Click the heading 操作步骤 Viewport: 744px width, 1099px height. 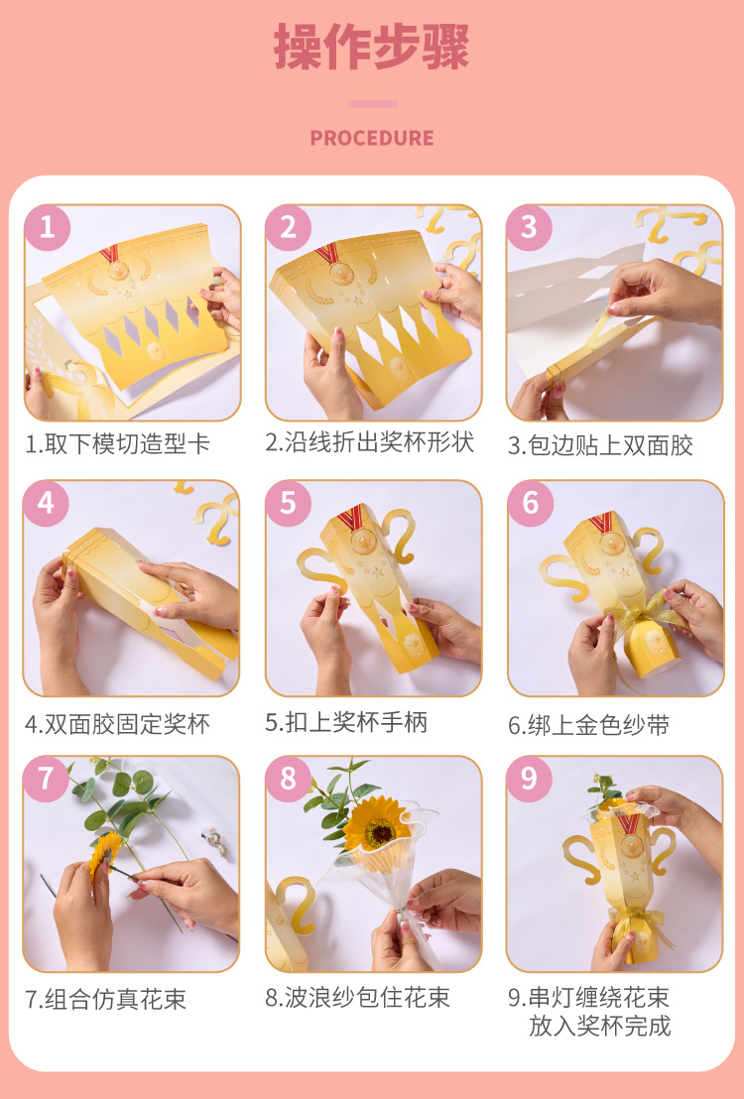372,47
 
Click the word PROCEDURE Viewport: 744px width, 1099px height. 372,138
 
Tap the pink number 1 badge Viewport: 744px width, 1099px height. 47,227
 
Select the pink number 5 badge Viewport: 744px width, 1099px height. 289,503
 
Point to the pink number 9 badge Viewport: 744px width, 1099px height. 530,778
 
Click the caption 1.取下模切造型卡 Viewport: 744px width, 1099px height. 118,443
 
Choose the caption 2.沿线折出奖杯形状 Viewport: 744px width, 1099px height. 370,442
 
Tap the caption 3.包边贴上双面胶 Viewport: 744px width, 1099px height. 600,445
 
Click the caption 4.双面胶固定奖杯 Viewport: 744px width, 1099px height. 118,724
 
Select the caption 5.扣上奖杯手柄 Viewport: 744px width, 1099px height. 346,722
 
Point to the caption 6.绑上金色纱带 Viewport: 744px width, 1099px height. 589,725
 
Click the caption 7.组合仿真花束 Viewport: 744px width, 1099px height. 106,999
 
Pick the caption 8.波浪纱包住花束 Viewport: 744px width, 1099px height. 358,998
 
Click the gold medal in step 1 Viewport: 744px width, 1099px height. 117,270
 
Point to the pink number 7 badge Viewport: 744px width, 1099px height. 46,778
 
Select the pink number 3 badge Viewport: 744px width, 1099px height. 530,227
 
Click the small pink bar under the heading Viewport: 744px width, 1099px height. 373,104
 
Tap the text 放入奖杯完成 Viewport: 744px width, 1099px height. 599,1026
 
